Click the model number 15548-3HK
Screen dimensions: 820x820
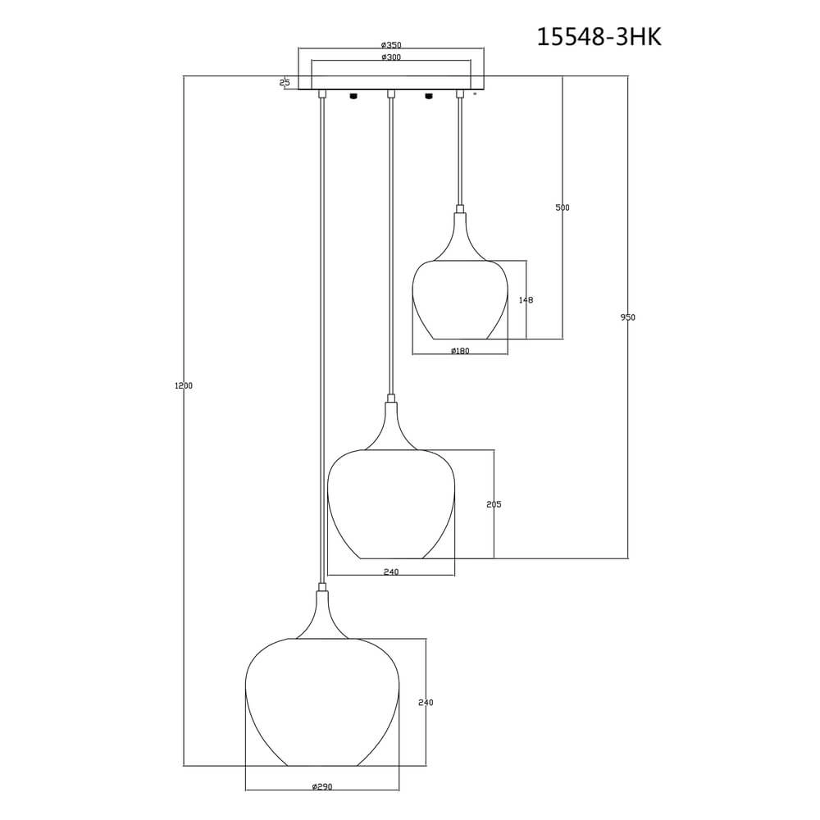point(599,37)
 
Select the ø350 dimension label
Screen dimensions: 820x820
point(391,45)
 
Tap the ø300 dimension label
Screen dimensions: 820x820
point(391,57)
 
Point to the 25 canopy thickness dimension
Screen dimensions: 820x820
point(285,83)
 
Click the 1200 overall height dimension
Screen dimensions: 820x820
point(184,385)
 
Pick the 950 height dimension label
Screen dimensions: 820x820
point(628,317)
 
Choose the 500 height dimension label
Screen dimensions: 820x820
point(563,208)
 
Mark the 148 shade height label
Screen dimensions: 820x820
point(526,300)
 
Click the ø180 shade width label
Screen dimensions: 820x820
point(460,351)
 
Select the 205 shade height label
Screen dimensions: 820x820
point(494,504)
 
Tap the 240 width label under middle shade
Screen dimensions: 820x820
point(391,572)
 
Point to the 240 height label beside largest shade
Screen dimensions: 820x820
point(426,703)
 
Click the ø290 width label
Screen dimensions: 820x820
point(322,787)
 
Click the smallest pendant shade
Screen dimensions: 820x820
point(459,299)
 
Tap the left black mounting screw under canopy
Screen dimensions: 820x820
point(353,95)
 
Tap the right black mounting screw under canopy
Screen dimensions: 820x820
point(427,95)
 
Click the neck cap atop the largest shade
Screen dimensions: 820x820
point(322,587)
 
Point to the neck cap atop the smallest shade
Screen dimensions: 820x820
point(460,209)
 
